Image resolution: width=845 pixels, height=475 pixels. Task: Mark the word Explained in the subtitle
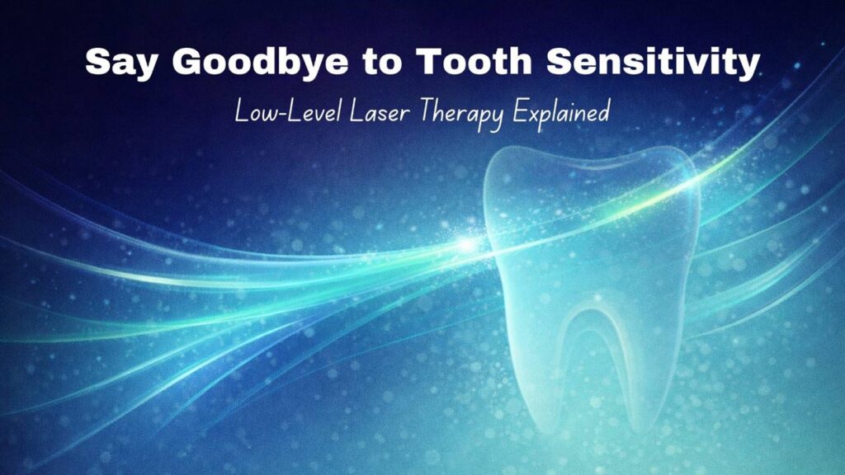[x=560, y=112]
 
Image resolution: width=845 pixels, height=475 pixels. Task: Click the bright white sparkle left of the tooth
[x=469, y=245]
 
